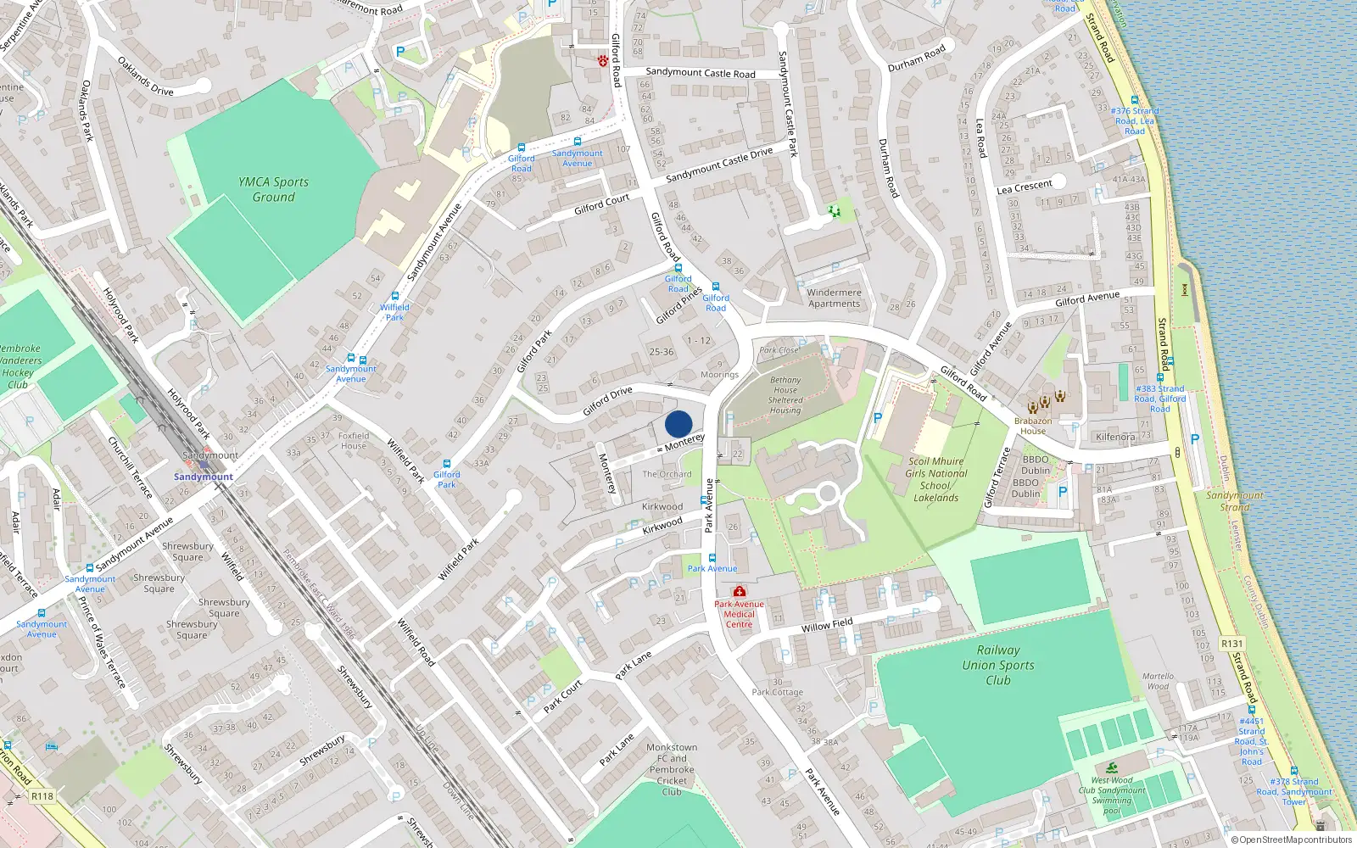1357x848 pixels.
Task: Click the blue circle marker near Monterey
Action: [x=678, y=424]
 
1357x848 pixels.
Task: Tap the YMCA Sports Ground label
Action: [x=273, y=189]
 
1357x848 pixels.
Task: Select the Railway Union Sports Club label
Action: [x=998, y=665]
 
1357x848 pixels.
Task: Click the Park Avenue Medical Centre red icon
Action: [x=740, y=591]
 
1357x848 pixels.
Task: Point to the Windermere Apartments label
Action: [x=834, y=298]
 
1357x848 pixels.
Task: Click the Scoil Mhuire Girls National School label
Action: [x=935, y=480]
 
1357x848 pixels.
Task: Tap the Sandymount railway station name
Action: [x=204, y=477]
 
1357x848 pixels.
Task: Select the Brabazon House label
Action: [x=1033, y=426]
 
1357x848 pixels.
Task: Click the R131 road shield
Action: [x=1231, y=644]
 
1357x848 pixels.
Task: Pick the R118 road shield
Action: [x=42, y=796]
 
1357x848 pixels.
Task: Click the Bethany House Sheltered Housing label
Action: [x=785, y=395]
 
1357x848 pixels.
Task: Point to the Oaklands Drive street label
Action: [x=145, y=76]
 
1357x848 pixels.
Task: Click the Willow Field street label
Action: [x=827, y=625]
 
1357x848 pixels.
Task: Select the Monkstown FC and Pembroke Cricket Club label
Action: [x=672, y=770]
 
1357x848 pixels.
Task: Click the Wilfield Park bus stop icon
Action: [x=394, y=297]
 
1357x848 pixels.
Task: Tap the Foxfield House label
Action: [x=354, y=440]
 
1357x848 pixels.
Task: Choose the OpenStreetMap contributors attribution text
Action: [x=1292, y=840]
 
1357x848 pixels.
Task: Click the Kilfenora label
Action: [x=1115, y=437]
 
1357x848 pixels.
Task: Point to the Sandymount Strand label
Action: [x=1235, y=501]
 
